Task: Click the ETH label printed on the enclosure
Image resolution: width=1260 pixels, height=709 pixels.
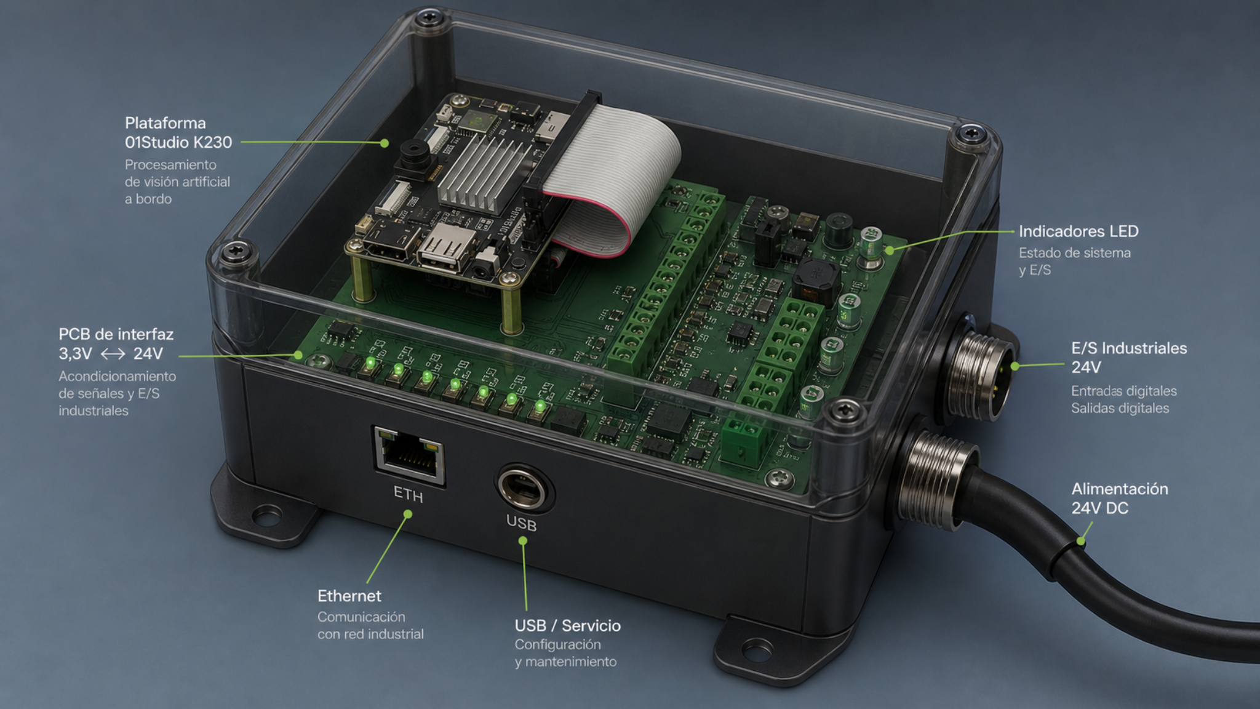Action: pyautogui.click(x=409, y=495)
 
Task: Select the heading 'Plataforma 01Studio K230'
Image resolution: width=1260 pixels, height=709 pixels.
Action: pyautogui.click(x=178, y=132)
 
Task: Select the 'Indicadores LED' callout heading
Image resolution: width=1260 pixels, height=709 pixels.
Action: pyautogui.click(x=1079, y=231)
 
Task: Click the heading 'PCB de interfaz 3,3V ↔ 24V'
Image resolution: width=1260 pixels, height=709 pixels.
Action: pyautogui.click(x=116, y=343)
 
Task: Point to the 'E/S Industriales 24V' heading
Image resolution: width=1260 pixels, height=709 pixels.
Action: pyautogui.click(x=1129, y=358)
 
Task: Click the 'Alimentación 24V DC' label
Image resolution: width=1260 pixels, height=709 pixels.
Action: pyautogui.click(x=1120, y=498)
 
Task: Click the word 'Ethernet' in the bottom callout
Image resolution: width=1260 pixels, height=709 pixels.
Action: pyautogui.click(x=349, y=596)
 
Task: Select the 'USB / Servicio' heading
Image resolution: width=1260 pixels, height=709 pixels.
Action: pyautogui.click(x=567, y=625)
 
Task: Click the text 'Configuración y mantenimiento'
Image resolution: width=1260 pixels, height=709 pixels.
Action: pyautogui.click(x=565, y=653)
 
